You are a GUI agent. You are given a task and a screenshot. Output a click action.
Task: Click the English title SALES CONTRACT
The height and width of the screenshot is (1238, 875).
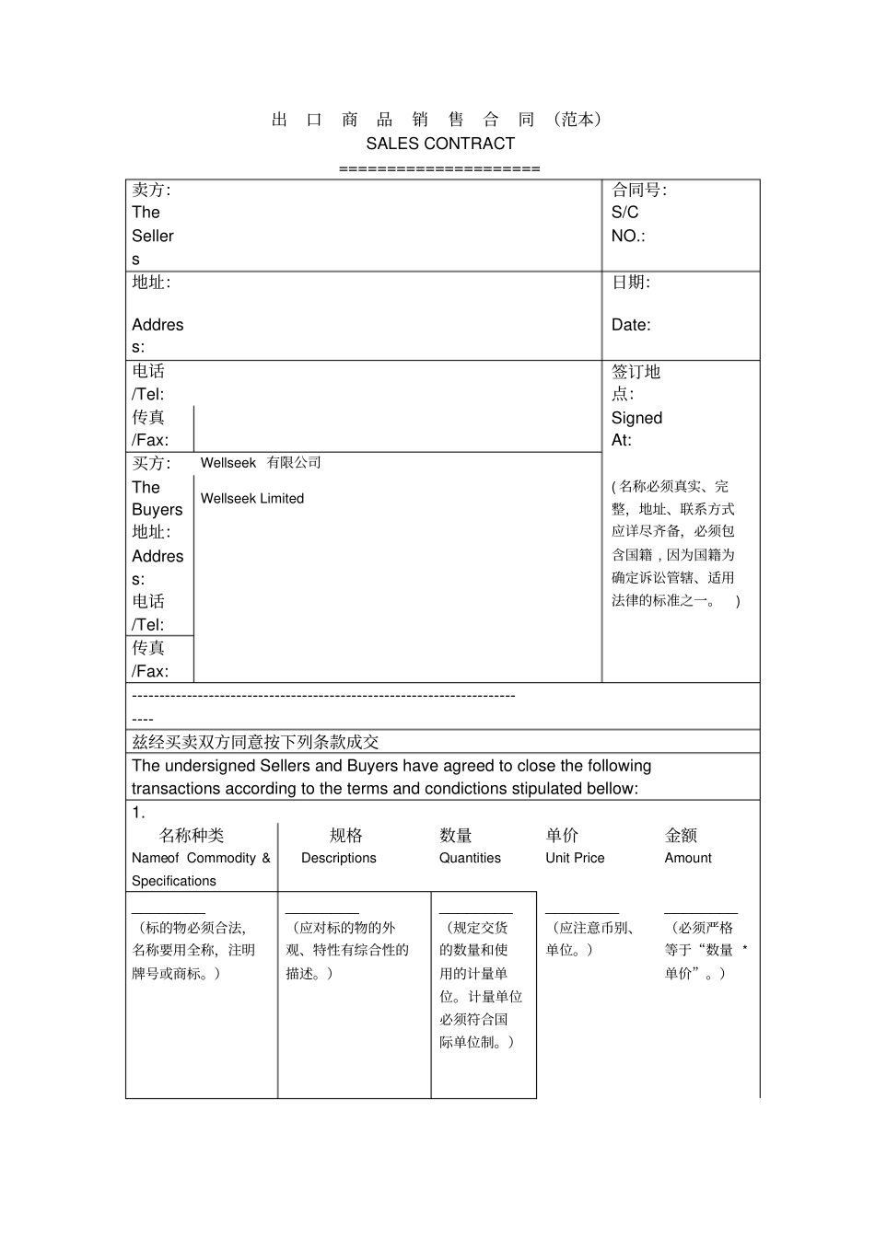pyautogui.click(x=439, y=144)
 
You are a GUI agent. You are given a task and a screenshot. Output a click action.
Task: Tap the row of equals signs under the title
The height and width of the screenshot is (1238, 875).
pyautogui.click(x=439, y=168)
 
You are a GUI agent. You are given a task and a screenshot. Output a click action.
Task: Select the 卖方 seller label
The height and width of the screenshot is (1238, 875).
pyautogui.click(x=150, y=191)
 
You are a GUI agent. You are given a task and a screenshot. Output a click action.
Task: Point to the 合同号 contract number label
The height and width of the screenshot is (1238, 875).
pyautogui.click(x=638, y=191)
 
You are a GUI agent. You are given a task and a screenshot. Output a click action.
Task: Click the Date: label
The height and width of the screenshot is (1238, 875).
pyautogui.click(x=630, y=325)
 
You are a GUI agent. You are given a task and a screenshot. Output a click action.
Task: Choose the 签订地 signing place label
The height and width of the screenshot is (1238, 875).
pyautogui.click(x=636, y=372)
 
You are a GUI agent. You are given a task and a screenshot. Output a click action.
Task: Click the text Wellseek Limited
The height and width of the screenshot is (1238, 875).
pyautogui.click(x=251, y=499)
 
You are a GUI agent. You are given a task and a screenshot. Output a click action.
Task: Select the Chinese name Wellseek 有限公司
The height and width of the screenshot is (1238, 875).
pyautogui.click(x=261, y=463)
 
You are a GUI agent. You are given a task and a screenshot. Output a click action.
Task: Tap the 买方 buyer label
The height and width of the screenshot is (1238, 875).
pyautogui.click(x=150, y=463)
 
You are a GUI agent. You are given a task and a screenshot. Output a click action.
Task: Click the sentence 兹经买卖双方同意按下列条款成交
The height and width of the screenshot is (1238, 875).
pyautogui.click(x=255, y=742)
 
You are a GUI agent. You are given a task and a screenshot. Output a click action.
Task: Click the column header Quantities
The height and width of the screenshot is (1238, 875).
pyautogui.click(x=470, y=858)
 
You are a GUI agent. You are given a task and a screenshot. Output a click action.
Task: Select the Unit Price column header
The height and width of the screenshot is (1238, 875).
pyautogui.click(x=575, y=858)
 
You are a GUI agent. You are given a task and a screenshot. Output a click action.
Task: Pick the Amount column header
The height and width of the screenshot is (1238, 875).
pyautogui.click(x=688, y=858)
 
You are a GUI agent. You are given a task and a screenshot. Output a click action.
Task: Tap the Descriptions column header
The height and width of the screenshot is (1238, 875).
pyautogui.click(x=338, y=858)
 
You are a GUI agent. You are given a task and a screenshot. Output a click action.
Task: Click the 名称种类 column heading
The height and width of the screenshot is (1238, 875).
pyautogui.click(x=192, y=835)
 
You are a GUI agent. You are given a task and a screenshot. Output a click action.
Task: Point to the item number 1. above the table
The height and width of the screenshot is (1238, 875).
pyautogui.click(x=138, y=812)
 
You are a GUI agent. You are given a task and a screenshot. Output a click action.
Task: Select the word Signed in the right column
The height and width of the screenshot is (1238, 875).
pyautogui.click(x=636, y=418)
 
